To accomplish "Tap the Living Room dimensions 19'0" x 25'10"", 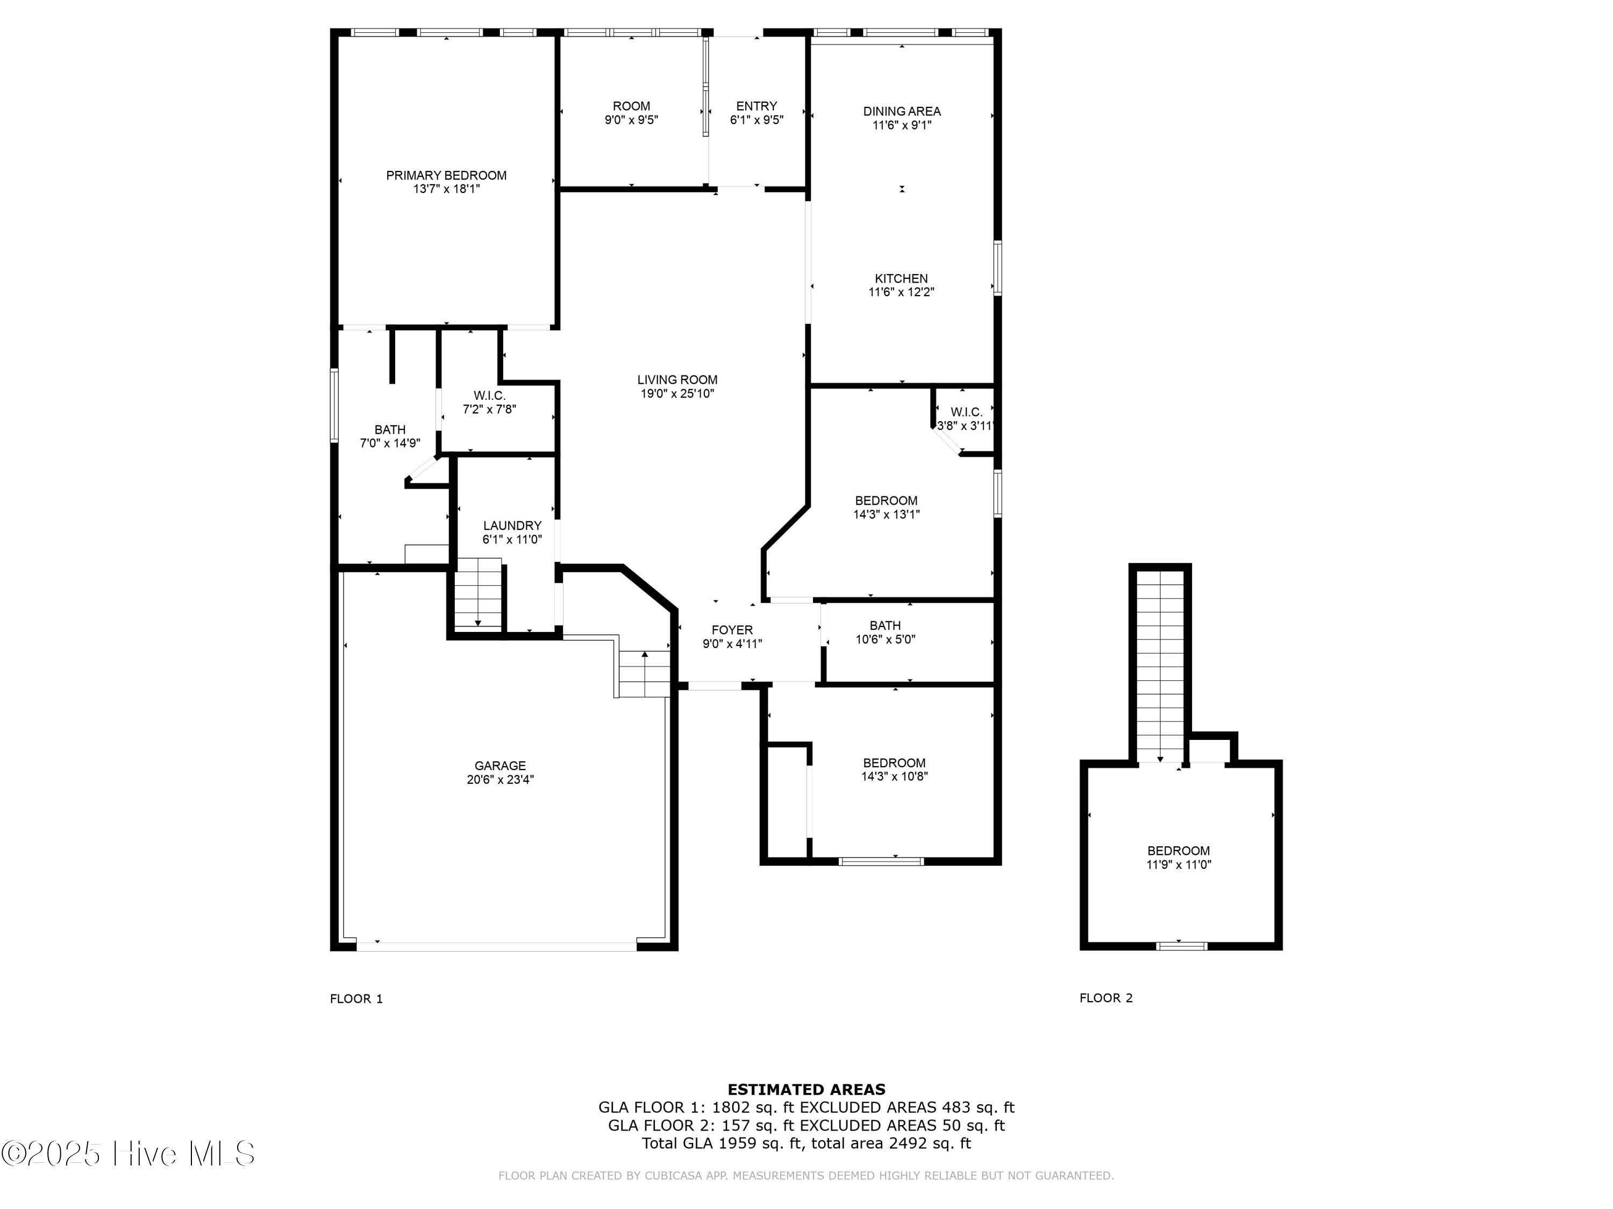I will click(x=677, y=393).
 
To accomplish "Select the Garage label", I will click(x=499, y=765).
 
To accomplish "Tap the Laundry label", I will click(x=512, y=526).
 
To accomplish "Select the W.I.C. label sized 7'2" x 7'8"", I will click(x=489, y=395).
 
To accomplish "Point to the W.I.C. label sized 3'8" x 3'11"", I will click(x=966, y=413).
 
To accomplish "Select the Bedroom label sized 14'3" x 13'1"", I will click(x=886, y=501).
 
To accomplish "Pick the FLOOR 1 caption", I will click(x=356, y=999).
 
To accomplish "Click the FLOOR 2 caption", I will click(x=1105, y=998).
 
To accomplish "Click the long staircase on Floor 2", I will click(x=1160, y=663).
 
